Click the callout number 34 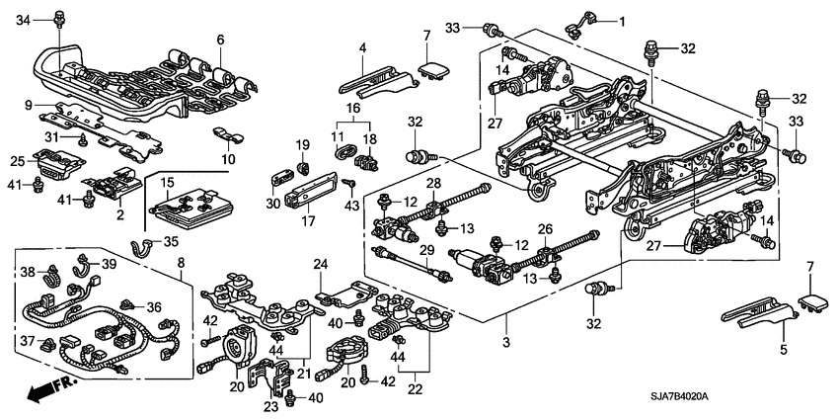(24, 19)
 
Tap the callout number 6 (221, 40)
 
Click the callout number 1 (622, 20)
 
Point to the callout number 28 (432, 184)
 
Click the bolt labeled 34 (59, 17)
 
